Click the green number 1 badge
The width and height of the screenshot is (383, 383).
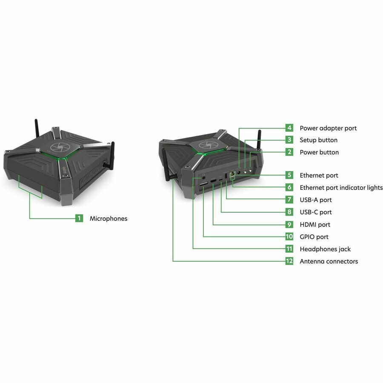tap(79, 218)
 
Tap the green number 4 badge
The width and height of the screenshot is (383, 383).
tap(289, 128)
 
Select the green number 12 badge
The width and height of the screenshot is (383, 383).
tap(289, 261)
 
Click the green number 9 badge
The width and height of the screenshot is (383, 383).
tap(289, 224)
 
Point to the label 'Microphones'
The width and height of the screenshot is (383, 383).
tap(109, 218)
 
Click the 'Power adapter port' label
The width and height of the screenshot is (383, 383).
tap(328, 128)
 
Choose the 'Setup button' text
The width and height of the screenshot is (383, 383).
tap(318, 140)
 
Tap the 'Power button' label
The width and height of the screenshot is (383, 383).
tap(319, 152)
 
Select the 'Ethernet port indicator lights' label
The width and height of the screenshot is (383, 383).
tap(341, 187)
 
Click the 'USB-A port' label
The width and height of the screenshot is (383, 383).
tap(316, 200)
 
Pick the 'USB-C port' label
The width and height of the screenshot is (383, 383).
tap(316, 212)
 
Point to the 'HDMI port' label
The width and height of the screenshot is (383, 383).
tap(315, 224)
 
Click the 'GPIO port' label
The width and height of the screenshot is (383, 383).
tap(314, 237)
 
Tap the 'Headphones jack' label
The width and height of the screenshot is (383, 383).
tap(325, 249)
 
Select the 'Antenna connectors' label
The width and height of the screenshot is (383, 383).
tap(329, 261)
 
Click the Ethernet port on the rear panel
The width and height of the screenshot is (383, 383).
tap(232, 174)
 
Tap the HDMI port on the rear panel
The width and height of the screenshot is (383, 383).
tap(214, 181)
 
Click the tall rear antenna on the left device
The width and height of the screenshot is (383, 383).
tap(37, 129)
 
